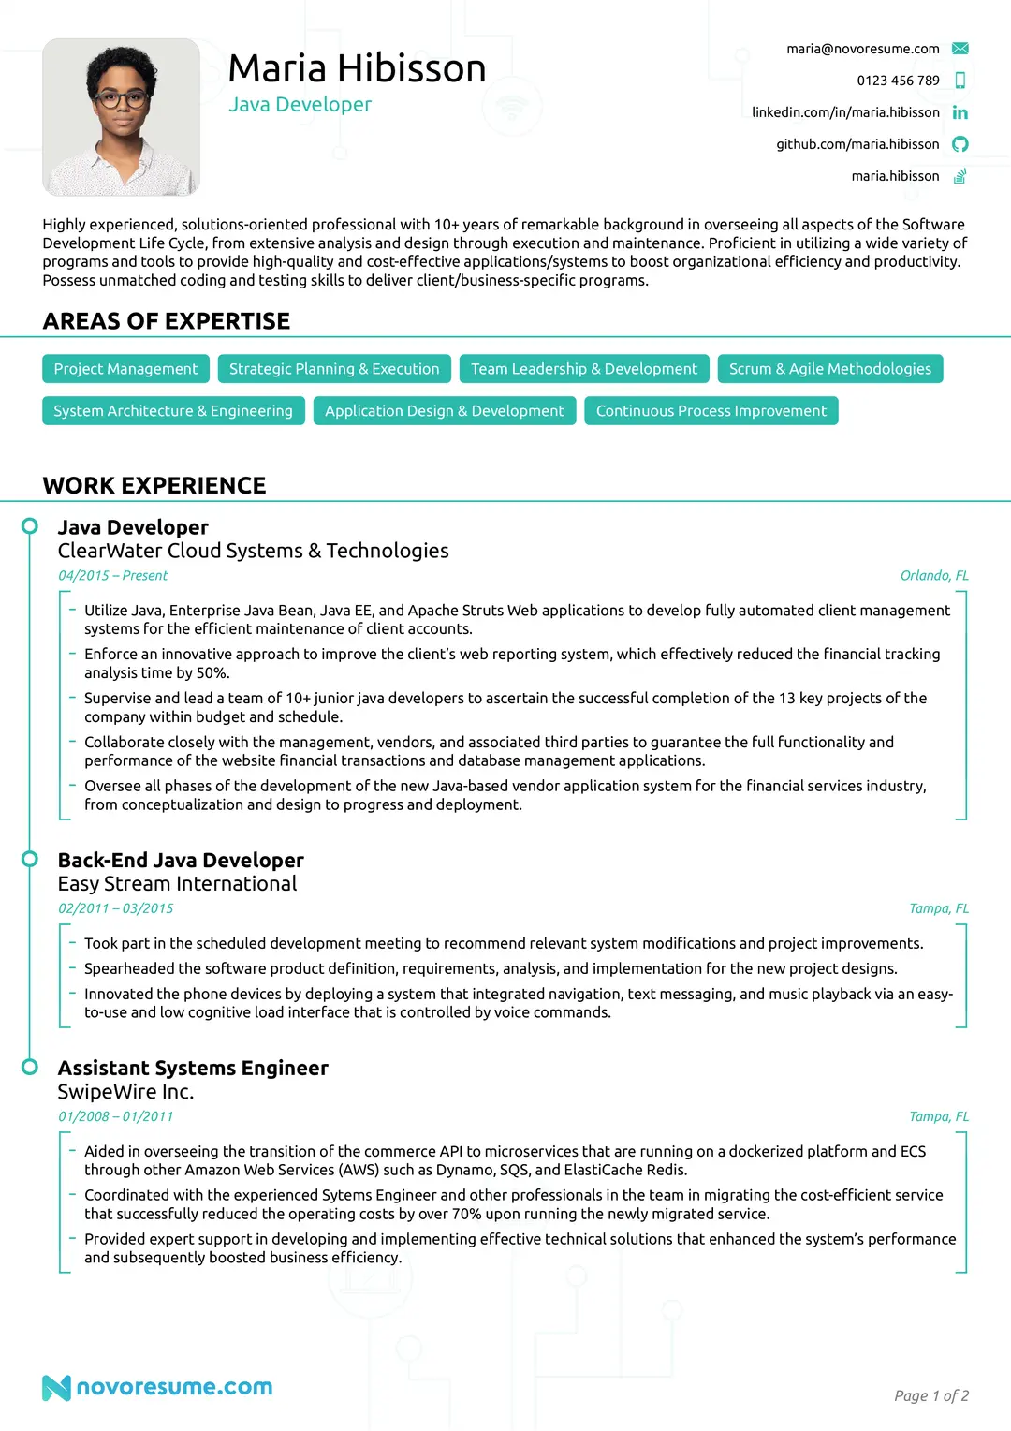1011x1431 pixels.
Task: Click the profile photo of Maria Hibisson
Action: pyautogui.click(x=121, y=117)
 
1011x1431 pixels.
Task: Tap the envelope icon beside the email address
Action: pyautogui.click(x=960, y=49)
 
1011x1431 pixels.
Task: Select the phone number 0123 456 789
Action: pyautogui.click(x=898, y=81)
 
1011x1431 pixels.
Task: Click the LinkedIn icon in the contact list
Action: pyautogui.click(x=960, y=112)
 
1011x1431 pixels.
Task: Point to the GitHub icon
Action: pyautogui.click(x=960, y=144)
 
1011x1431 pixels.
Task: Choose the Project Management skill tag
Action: pyautogui.click(x=125, y=369)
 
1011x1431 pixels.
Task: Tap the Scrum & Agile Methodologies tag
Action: pyautogui.click(x=829, y=369)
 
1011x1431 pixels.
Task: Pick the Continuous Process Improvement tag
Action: pyautogui.click(x=711, y=411)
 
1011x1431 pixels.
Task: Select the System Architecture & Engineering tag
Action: pyautogui.click(x=173, y=411)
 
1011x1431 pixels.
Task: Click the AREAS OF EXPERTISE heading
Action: pyautogui.click(x=167, y=321)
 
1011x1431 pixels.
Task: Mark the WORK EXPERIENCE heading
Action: pyautogui.click(x=154, y=485)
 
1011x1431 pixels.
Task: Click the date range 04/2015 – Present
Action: pyautogui.click(x=112, y=576)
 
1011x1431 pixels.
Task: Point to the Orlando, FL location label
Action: pyautogui.click(x=934, y=576)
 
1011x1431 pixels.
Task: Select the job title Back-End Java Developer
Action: pyautogui.click(x=181, y=860)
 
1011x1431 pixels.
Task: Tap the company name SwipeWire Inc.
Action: pyautogui.click(x=125, y=1092)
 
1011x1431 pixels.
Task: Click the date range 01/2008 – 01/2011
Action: pyautogui.click(x=115, y=1116)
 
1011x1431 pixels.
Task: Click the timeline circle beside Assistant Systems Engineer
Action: pyautogui.click(x=30, y=1067)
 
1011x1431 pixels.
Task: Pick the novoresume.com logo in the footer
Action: pyautogui.click(x=157, y=1387)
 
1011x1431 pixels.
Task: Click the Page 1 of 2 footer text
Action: pyautogui.click(x=930, y=1396)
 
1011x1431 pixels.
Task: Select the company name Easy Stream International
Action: pyautogui.click(x=177, y=884)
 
